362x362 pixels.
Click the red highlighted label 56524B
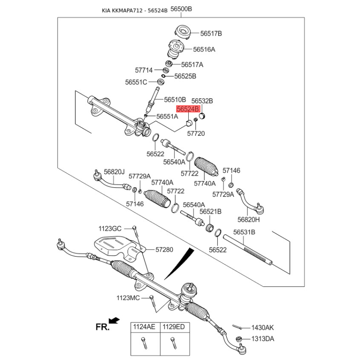click(x=188, y=109)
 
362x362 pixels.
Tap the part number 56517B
click(x=211, y=33)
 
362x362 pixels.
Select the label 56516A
click(x=204, y=49)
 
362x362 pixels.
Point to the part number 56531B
click(x=244, y=232)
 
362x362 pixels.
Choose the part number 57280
click(x=164, y=249)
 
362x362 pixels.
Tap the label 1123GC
click(x=110, y=229)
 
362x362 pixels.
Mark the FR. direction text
click(x=103, y=327)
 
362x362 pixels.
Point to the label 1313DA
click(x=263, y=338)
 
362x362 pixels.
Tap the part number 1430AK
click(x=263, y=327)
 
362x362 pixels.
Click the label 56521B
click(x=210, y=211)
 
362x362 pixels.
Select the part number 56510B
click(x=175, y=99)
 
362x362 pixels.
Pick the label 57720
click(x=196, y=133)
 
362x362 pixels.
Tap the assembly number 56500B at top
click(x=181, y=9)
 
